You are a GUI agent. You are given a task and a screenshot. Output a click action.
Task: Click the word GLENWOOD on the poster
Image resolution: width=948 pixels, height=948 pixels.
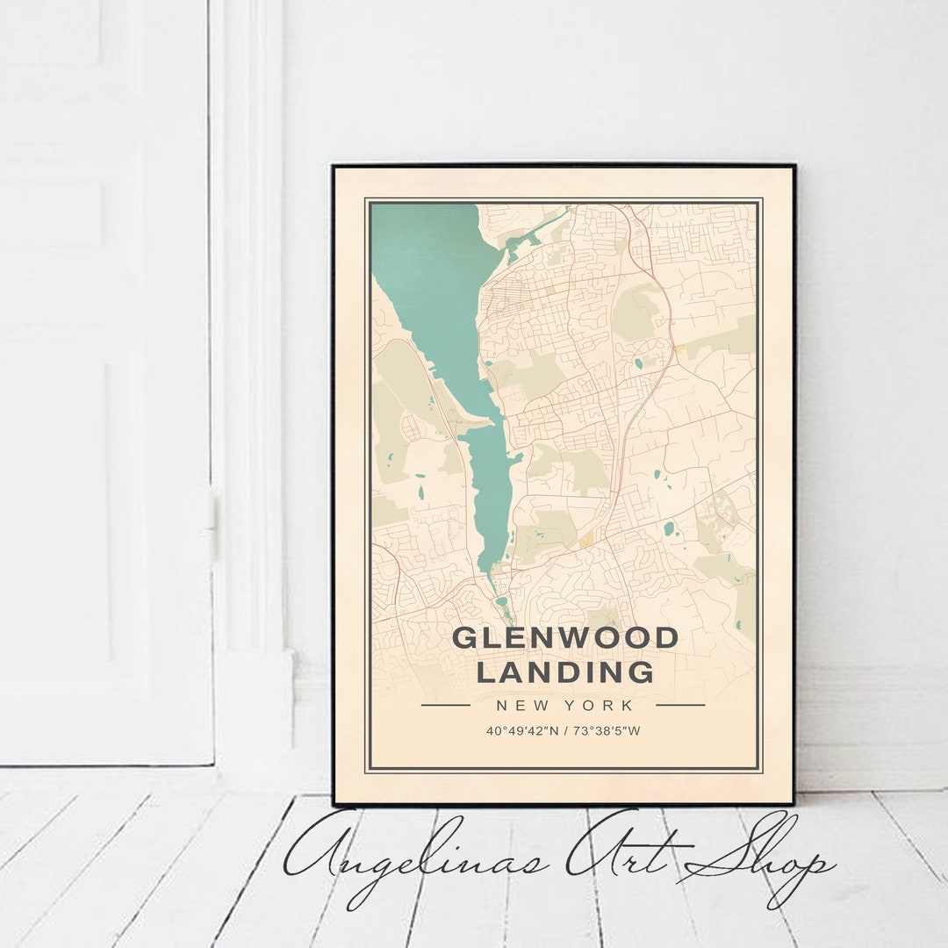point(564,638)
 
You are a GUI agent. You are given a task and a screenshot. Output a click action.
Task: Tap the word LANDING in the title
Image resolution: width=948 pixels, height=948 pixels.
point(564,672)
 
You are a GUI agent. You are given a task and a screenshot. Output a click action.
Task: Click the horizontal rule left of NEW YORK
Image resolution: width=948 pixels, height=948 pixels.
point(445,705)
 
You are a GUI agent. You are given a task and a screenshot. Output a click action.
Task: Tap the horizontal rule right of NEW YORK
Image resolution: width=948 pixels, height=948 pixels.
point(680,705)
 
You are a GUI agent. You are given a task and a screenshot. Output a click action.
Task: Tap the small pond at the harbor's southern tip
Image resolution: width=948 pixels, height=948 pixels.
point(500,602)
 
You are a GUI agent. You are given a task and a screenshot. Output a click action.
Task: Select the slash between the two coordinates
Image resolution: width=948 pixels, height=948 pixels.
point(564,730)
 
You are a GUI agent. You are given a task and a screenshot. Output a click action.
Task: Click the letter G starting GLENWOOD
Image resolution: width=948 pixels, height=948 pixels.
point(462,638)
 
